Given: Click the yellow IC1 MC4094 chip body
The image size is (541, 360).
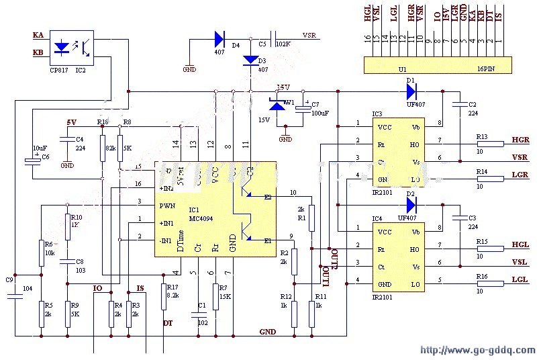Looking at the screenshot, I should point(215,208).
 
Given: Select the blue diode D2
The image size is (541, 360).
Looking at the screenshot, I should point(411,204).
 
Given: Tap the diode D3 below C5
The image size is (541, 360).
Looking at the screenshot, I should point(250,61).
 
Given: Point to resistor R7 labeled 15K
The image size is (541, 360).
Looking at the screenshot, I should point(215,297).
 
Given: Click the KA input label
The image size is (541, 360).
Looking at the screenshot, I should point(38,34).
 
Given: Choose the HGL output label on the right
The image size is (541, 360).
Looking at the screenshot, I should point(520,246).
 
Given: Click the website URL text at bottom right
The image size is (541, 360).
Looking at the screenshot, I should point(478,350).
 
